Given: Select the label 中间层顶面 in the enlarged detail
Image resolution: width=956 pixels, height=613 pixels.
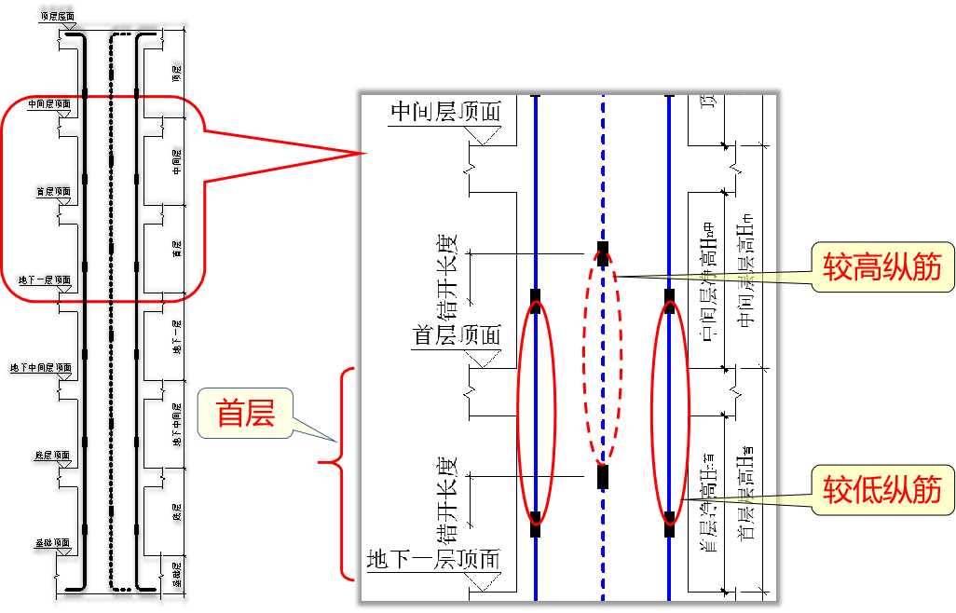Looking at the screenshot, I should (444, 112).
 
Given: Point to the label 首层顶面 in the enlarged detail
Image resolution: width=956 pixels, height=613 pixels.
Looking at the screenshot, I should (457, 335).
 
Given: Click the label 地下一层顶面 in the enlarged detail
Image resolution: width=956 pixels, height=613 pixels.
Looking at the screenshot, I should (433, 560).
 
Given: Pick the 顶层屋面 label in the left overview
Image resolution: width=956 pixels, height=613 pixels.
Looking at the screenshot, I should (57, 17).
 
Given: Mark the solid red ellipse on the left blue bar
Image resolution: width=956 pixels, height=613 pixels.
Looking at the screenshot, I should (536, 412).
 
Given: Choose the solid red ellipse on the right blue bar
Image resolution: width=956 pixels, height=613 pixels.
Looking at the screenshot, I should (670, 412).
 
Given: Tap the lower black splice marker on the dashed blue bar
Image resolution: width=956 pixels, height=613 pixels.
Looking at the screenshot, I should (603, 477).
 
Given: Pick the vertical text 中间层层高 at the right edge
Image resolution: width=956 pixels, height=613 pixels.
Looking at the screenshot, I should (744, 270).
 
